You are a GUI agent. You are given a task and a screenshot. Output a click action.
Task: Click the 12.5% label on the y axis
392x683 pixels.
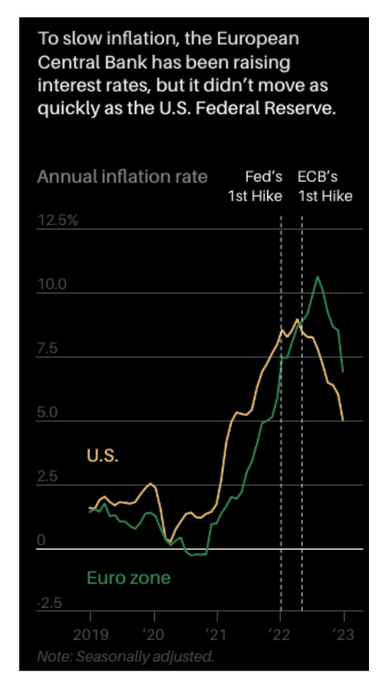[58, 220]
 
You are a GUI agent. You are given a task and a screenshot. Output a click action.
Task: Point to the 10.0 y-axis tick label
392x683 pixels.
[52, 284]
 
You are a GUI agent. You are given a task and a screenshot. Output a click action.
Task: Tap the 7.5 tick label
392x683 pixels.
[47, 348]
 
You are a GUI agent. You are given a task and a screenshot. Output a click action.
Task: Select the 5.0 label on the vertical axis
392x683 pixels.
[47, 412]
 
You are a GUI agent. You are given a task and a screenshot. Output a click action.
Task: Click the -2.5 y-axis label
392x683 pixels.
[50, 604]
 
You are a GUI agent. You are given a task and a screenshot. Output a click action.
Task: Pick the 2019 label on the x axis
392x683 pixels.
[91, 634]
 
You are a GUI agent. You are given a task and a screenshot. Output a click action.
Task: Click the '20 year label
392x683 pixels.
[153, 634]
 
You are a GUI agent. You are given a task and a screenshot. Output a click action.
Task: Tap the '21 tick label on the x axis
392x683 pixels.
[217, 634]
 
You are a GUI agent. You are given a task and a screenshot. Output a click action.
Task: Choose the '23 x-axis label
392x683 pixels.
[344, 634]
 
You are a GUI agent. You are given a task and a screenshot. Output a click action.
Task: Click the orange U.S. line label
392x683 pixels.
[103, 455]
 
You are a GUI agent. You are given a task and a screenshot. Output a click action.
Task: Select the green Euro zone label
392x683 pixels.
[128, 578]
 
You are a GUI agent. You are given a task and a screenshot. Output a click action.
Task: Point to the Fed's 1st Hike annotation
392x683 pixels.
[255, 187]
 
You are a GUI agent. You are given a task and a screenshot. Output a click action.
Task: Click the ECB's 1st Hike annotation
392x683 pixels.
[325, 187]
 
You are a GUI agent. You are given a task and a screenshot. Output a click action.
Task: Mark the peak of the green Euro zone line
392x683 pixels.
[318, 277]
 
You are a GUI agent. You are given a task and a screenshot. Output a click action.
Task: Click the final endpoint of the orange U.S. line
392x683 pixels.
[343, 420]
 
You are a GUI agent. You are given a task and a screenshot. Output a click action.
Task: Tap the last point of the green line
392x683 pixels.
[343, 371]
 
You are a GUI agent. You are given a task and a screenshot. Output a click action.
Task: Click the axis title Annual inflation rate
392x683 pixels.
[123, 177]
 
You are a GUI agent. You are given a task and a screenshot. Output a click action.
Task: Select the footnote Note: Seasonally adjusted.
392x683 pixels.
[126, 656]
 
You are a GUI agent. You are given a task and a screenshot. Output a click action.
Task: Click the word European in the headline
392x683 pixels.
[257, 39]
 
